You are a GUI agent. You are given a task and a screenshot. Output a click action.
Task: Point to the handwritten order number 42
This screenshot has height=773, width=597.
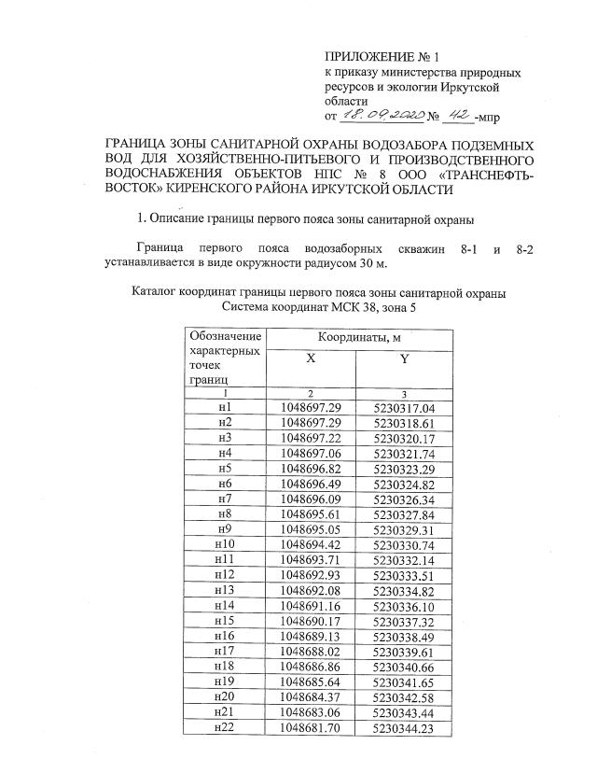(457, 117)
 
